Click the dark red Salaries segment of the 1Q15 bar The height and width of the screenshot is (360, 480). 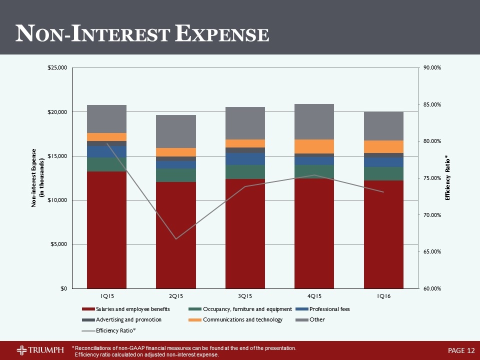pos(106,230)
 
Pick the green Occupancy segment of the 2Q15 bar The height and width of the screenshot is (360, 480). pos(175,175)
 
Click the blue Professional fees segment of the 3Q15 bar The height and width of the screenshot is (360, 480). pos(245,159)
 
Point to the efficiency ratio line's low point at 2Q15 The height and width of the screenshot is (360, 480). pos(176,239)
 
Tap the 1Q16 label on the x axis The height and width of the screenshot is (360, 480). pos(383,297)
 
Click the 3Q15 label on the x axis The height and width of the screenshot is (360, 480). pos(245,297)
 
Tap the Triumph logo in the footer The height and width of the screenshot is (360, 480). pos(40,349)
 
